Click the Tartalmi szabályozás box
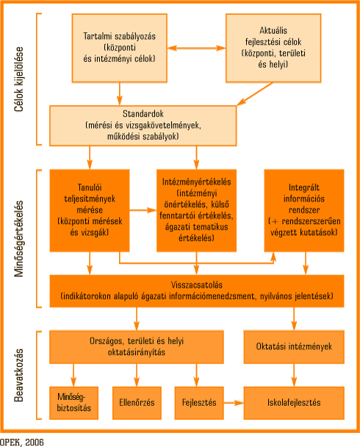[x=120, y=48]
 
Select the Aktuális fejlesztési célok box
[x=273, y=48]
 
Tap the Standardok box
[x=143, y=126]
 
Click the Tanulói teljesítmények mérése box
[x=90, y=211]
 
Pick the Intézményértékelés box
[x=197, y=211]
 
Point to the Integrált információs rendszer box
[x=304, y=211]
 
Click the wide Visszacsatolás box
[x=197, y=291]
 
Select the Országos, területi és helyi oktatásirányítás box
[x=137, y=347]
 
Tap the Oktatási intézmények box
[x=294, y=347]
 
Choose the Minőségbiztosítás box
[x=74, y=403]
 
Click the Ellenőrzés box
[x=137, y=403]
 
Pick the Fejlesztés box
[x=199, y=403]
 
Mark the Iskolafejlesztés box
[x=294, y=403]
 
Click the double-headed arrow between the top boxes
[x=197, y=48]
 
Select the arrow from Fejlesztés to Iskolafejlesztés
[x=234, y=403]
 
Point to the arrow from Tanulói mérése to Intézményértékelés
[x=143, y=211]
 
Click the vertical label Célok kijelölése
[x=19, y=79]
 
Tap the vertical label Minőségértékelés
[x=19, y=239]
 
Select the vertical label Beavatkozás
[x=19, y=375]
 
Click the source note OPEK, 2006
[x=22, y=442]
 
